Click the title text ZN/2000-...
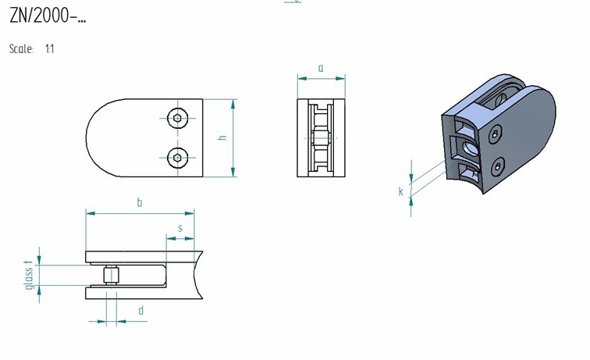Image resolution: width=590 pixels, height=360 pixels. click(x=48, y=16)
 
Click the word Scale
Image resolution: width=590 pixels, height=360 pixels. click(x=21, y=49)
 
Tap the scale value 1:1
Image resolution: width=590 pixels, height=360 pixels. click(x=50, y=49)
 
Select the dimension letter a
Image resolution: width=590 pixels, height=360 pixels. click(x=321, y=68)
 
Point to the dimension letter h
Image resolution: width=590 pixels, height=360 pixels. click(x=222, y=137)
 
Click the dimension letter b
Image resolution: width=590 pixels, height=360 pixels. click(x=140, y=202)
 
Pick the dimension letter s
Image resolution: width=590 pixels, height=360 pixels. click(x=180, y=228)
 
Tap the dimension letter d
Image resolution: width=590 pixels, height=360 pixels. click(x=141, y=311)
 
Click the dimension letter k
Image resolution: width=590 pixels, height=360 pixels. click(x=400, y=191)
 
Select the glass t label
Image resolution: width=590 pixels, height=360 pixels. click(x=30, y=275)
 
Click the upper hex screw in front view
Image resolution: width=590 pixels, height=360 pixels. click(x=178, y=118)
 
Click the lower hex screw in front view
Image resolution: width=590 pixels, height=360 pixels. click(x=178, y=158)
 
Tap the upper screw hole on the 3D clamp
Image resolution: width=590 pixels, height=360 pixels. click(x=495, y=134)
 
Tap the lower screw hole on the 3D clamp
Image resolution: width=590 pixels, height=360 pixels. click(x=499, y=166)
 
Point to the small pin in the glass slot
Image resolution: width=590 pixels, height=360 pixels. click(x=111, y=276)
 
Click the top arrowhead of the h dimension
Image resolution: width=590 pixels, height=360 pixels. click(x=233, y=105)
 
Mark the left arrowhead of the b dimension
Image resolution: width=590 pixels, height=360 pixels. click(x=91, y=213)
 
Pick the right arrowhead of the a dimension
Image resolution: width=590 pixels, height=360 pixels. click(x=340, y=78)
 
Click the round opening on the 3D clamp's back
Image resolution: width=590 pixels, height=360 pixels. click(x=471, y=148)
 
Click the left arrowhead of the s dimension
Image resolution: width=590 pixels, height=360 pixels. click(x=171, y=238)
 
